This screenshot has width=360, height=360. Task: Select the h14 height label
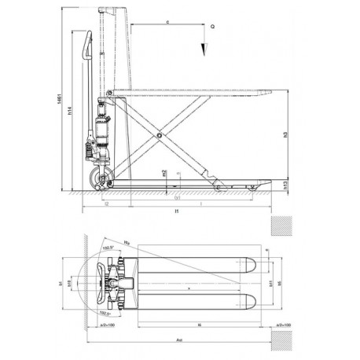(x=71, y=111)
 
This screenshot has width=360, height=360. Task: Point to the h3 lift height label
(x=285, y=134)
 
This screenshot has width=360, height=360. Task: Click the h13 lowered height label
(x=285, y=184)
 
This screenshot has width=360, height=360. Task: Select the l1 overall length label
(x=178, y=212)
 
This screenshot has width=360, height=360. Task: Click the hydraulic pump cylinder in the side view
(x=101, y=130)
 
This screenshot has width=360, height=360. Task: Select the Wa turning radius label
(x=127, y=242)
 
